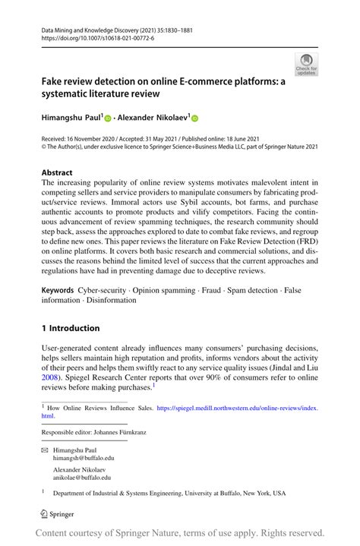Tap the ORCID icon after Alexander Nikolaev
(x=194, y=119)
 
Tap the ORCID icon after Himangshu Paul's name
(x=107, y=119)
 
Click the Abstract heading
(x=58, y=172)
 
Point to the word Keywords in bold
(x=58, y=290)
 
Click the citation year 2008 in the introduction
(x=52, y=376)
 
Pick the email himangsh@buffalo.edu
(x=84, y=458)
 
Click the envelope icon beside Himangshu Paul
(x=44, y=450)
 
